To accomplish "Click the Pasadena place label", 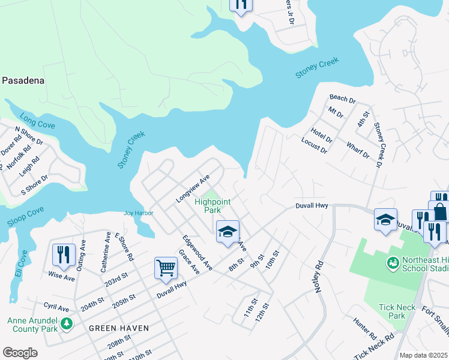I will pos(24,80).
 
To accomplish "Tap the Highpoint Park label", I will pos(212,206).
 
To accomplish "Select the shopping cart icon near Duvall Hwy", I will pos(166,268).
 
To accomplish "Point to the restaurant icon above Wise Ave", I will pos(63,255).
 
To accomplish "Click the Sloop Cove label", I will pos(25,217).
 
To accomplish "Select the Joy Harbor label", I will pos(139,213).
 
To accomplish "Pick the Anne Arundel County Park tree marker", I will pos(66,324).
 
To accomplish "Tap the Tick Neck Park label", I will pos(397,311).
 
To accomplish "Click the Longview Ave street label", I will pos(192,188).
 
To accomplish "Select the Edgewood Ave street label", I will pos(197,252).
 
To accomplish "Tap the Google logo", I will pos(20,353).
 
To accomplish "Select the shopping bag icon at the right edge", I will pos(440,211).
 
